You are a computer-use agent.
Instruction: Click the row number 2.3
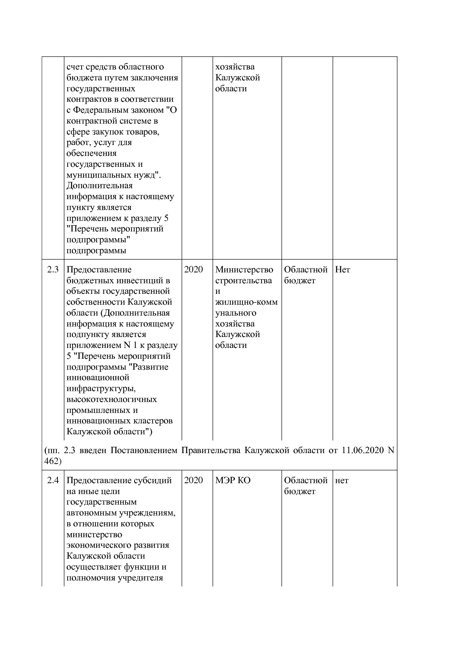pyautogui.click(x=53, y=270)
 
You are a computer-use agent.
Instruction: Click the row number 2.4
pyautogui.click(x=53, y=481)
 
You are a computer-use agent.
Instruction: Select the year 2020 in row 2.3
pyautogui.click(x=194, y=270)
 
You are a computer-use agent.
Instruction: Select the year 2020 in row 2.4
pyautogui.click(x=194, y=481)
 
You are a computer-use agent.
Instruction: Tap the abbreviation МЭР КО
pyautogui.click(x=233, y=481)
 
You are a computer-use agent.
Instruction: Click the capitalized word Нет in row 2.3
pyautogui.click(x=342, y=270)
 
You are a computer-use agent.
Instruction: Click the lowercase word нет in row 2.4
pyautogui.click(x=342, y=481)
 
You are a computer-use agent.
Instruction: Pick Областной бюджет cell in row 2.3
pyautogui.click(x=306, y=275)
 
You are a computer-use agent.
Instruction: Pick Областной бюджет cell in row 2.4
pyautogui.click(x=306, y=486)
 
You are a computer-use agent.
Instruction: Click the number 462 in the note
pyautogui.click(x=51, y=461)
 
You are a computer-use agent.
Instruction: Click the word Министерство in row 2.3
pyautogui.click(x=244, y=270)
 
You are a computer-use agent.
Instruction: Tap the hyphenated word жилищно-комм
pyautogui.click(x=247, y=302)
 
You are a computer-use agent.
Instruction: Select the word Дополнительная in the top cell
pyautogui.click(x=100, y=186)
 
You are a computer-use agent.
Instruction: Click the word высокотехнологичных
pyautogui.click(x=112, y=399)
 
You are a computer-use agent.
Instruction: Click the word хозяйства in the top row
pyautogui.click(x=235, y=67)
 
